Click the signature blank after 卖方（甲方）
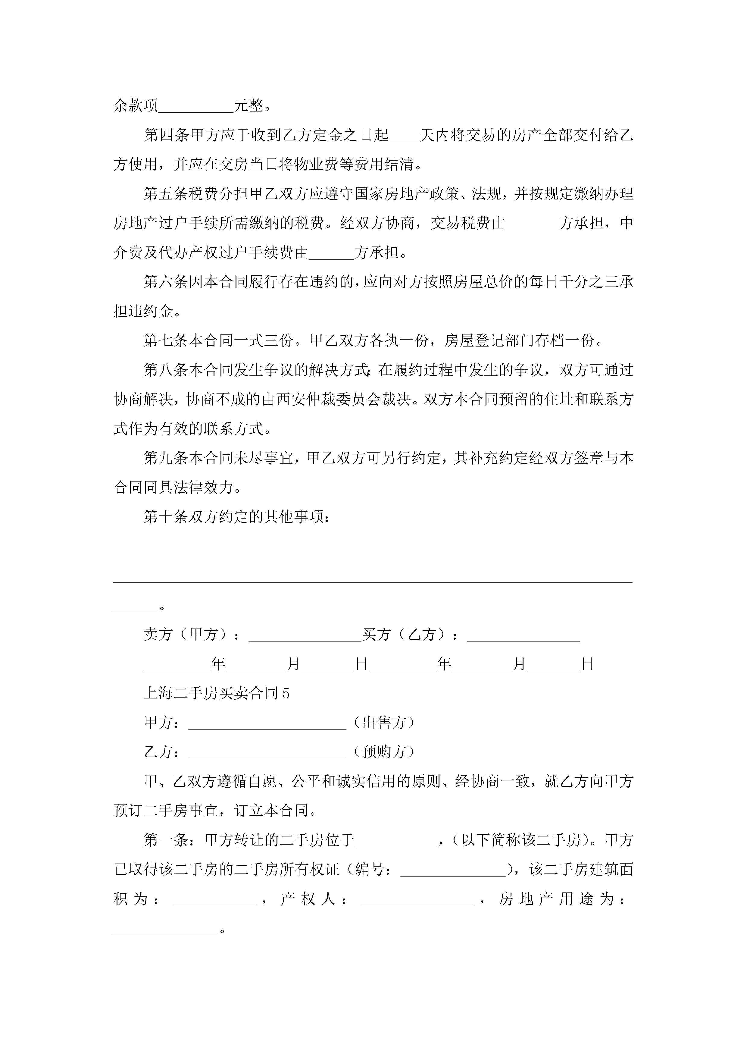(x=305, y=635)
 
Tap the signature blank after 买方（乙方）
(x=523, y=635)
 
